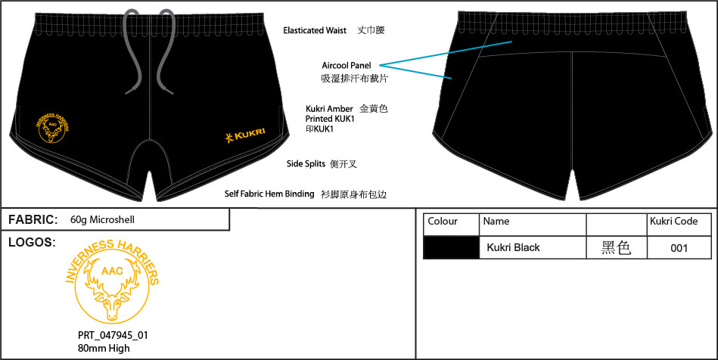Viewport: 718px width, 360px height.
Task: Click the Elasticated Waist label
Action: pyautogui.click(x=315, y=31)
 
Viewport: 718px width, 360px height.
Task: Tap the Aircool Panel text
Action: pyautogui.click(x=347, y=66)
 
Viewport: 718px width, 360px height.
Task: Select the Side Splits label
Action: pyautogui.click(x=306, y=163)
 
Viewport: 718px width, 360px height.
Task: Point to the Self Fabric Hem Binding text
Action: pyautogui.click(x=269, y=194)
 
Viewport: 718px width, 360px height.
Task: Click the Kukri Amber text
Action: pyautogui.click(x=329, y=109)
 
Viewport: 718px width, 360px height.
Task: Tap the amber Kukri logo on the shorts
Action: pyautogui.click(x=245, y=135)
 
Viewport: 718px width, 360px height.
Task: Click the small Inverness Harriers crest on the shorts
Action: pyautogui.click(x=54, y=130)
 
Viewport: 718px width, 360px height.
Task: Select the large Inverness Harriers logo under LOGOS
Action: pyautogui.click(x=113, y=281)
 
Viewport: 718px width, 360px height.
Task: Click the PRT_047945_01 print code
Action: pyautogui.click(x=113, y=335)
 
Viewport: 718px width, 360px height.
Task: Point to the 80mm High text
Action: pyautogui.click(x=104, y=348)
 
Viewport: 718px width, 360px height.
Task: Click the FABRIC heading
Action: pyautogui.click(x=33, y=220)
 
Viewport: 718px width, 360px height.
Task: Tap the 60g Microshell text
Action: pyautogui.click(x=103, y=220)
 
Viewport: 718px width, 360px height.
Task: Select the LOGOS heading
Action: pyautogui.click(x=32, y=242)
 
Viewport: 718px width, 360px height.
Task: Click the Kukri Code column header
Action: pyautogui.click(x=673, y=222)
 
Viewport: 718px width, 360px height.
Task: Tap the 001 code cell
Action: pyautogui.click(x=679, y=248)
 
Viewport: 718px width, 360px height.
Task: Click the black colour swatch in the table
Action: pyautogui.click(x=452, y=247)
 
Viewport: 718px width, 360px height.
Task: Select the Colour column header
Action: pyautogui.click(x=443, y=222)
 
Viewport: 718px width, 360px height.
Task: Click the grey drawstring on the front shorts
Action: pyautogui.click(x=151, y=51)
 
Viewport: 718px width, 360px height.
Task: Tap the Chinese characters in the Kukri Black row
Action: pyautogui.click(x=617, y=248)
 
